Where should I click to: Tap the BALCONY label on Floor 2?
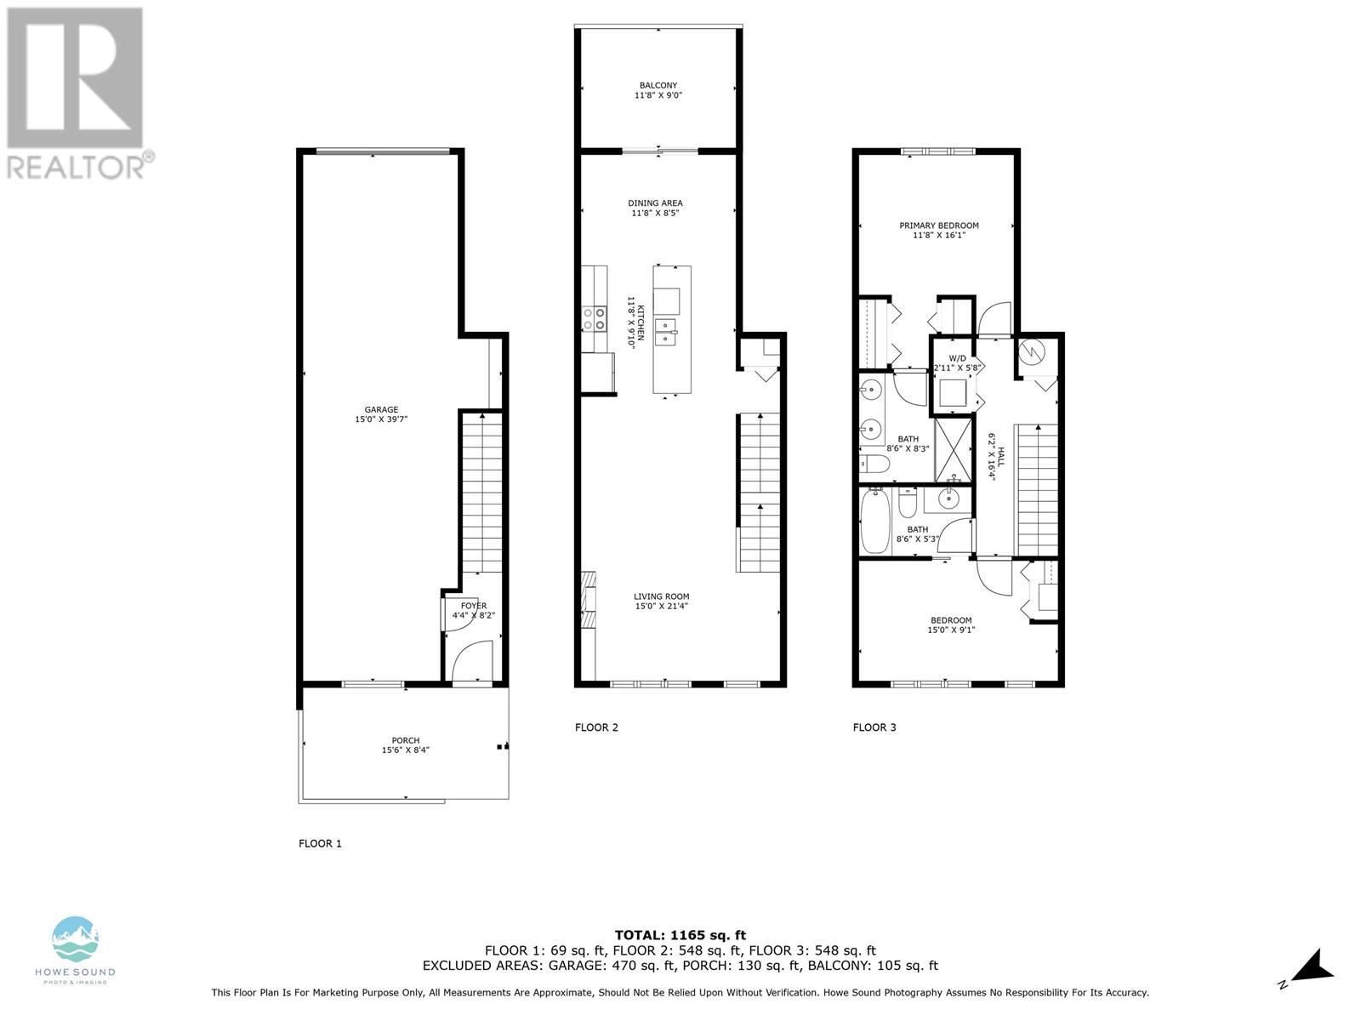pyautogui.click(x=658, y=85)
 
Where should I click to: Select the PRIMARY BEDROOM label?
pyautogui.click(x=939, y=225)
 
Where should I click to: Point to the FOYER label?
pyautogui.click(x=474, y=606)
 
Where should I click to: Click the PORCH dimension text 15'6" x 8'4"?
pyautogui.click(x=406, y=750)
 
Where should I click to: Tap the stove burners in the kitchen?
pyautogui.click(x=595, y=319)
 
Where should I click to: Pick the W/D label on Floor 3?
pyautogui.click(x=958, y=358)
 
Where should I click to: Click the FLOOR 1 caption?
pyautogui.click(x=320, y=843)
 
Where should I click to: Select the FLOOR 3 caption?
pyautogui.click(x=874, y=727)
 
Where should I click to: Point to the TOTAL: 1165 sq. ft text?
pyautogui.click(x=680, y=935)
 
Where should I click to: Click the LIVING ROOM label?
pyautogui.click(x=661, y=596)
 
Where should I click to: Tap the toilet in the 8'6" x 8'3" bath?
pyautogui.click(x=874, y=464)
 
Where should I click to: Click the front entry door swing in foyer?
pyautogui.click(x=472, y=664)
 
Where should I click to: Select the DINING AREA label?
pyautogui.click(x=655, y=202)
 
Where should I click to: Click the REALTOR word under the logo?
pyautogui.click(x=77, y=167)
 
